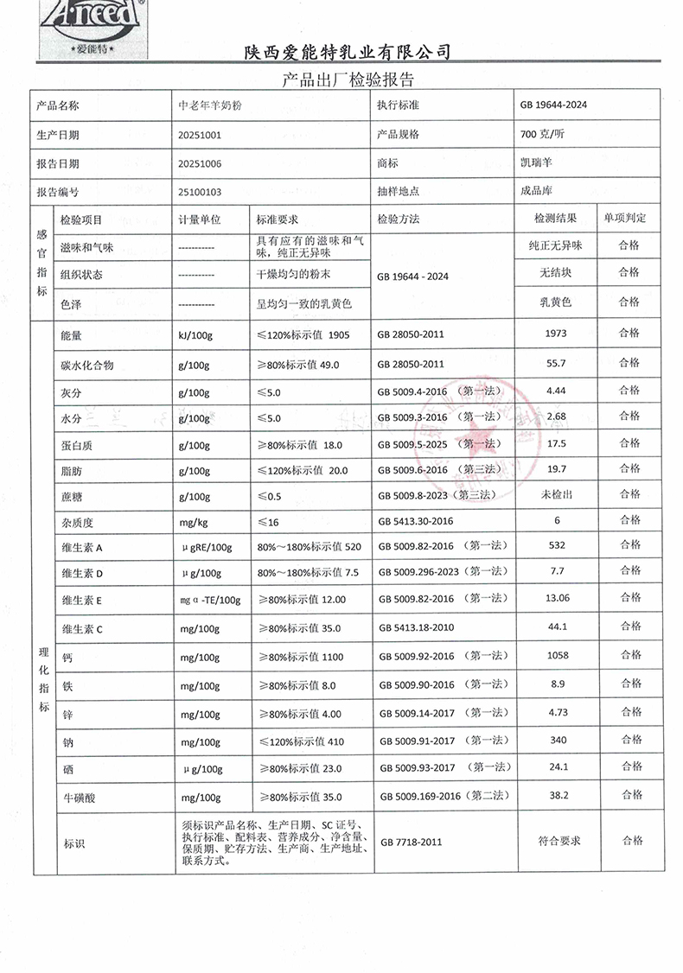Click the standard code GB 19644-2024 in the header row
pos(553,105)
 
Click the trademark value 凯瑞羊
pos(536,163)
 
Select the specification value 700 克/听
pos(543,135)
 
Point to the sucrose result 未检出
pos(556,494)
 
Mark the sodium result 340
pos(556,741)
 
